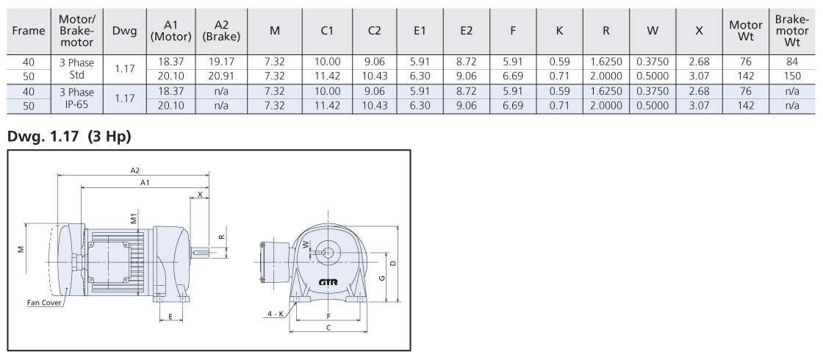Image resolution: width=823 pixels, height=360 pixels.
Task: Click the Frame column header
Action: (29, 31)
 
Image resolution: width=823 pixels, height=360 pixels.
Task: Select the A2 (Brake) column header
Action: (221, 31)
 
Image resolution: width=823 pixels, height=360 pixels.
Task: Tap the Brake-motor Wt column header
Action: (792, 31)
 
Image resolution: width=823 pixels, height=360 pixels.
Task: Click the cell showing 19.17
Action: (221, 62)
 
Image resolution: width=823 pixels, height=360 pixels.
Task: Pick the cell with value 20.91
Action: (221, 76)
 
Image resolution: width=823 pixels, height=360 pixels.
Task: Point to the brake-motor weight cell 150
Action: (792, 76)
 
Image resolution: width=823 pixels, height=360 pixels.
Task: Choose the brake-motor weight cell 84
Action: (792, 62)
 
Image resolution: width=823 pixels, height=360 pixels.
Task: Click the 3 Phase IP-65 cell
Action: (76, 98)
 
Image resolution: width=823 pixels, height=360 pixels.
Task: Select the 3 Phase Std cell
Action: (76, 69)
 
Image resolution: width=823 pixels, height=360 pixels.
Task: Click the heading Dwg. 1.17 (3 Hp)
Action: (69, 137)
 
